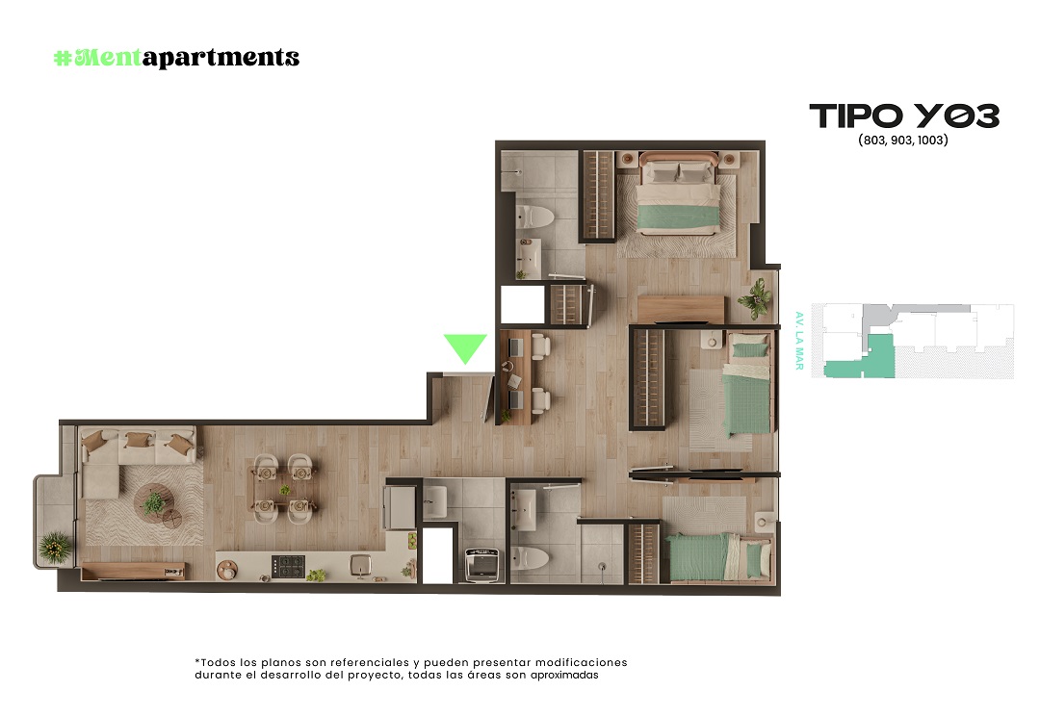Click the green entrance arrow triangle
pos(465,346)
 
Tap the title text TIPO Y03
pos(904,115)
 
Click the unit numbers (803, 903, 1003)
pos(902,140)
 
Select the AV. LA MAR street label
pos(799,341)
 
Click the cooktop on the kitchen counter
pos(289,567)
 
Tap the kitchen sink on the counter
pos(360,565)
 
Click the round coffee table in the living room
pos(152,501)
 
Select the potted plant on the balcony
pos(55,548)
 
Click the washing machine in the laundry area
pos(482,565)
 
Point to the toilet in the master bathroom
pos(533,217)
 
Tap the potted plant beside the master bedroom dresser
pos(756,298)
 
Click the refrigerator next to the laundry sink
pos(400,507)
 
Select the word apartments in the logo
pos(221,58)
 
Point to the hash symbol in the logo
pos(63,59)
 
